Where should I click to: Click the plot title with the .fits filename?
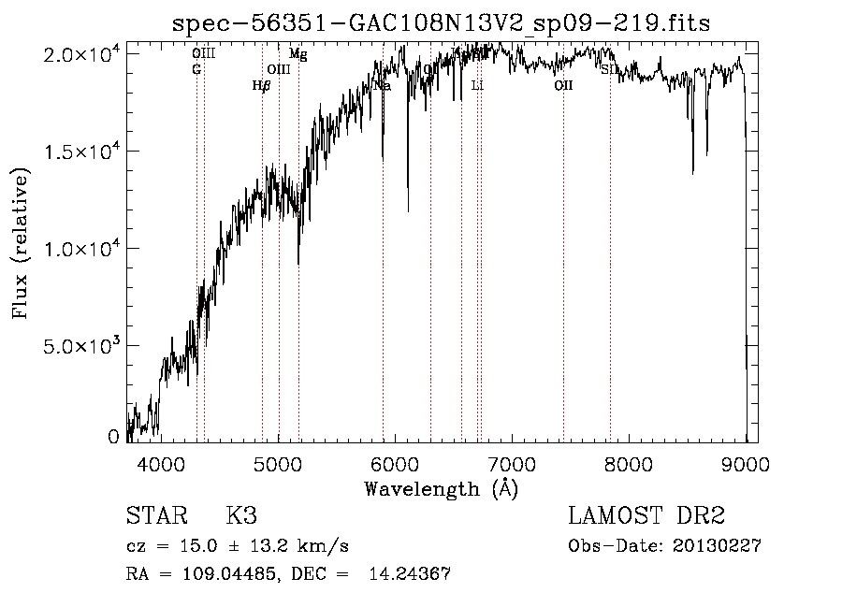tap(442, 23)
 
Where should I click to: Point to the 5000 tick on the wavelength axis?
tap(278, 462)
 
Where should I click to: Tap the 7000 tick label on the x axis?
tap(512, 462)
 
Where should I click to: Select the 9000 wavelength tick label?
tap(746, 462)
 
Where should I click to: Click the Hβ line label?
tap(262, 85)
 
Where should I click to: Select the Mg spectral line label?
tap(298, 54)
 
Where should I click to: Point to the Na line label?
tap(382, 85)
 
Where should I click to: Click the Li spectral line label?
tap(477, 85)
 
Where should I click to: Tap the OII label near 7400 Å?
tap(563, 85)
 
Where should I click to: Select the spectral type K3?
tap(241, 516)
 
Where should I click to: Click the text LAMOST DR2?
tap(646, 516)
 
